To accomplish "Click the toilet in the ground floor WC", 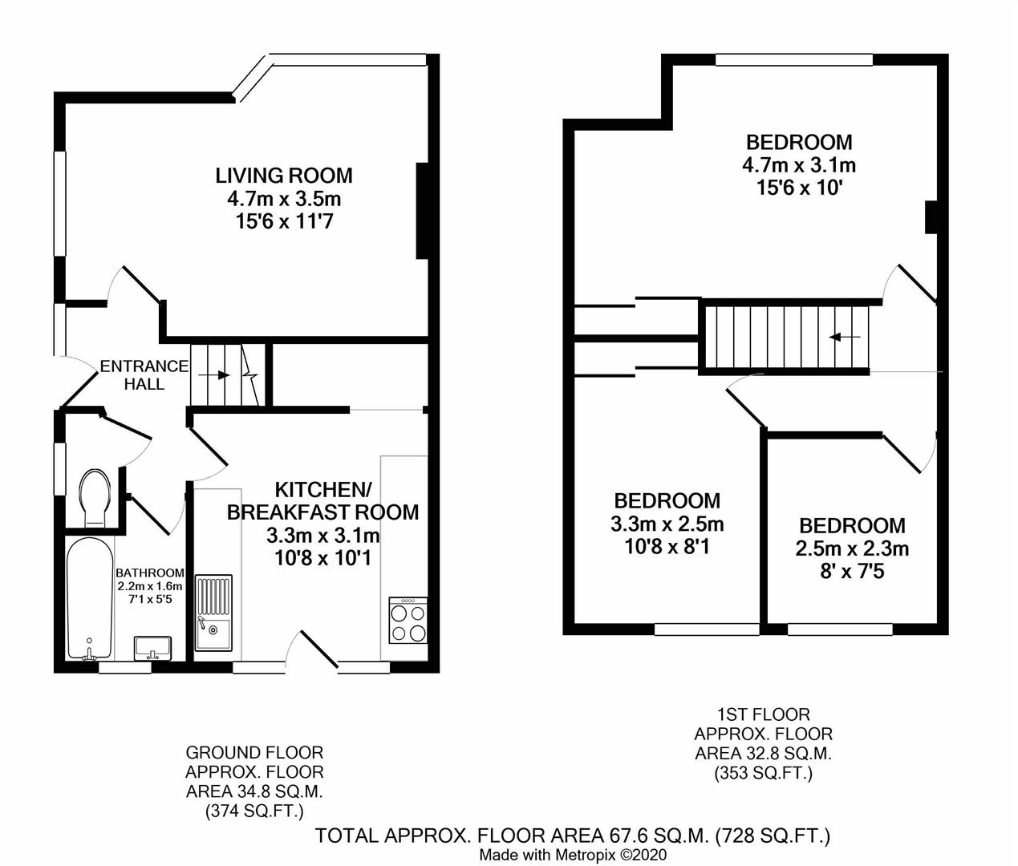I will (95, 497).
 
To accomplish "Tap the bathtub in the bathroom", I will (89, 597).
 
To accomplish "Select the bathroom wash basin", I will (152, 646).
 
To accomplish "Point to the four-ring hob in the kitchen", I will (408, 621).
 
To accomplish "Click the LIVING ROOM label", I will (283, 175).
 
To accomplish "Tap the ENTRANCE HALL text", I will (144, 375).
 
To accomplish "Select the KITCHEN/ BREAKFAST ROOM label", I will (322, 501).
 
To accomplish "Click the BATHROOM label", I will (150, 573).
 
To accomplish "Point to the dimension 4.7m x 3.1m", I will (798, 165).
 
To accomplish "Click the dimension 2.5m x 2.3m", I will (852, 549).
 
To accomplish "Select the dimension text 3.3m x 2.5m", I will (667, 524).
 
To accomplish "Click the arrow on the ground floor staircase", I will (213, 374).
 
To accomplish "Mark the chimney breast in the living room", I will (423, 211).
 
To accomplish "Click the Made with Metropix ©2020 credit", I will (573, 856).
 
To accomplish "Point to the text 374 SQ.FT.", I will (254, 811).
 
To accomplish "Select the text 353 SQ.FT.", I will (763, 773).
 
